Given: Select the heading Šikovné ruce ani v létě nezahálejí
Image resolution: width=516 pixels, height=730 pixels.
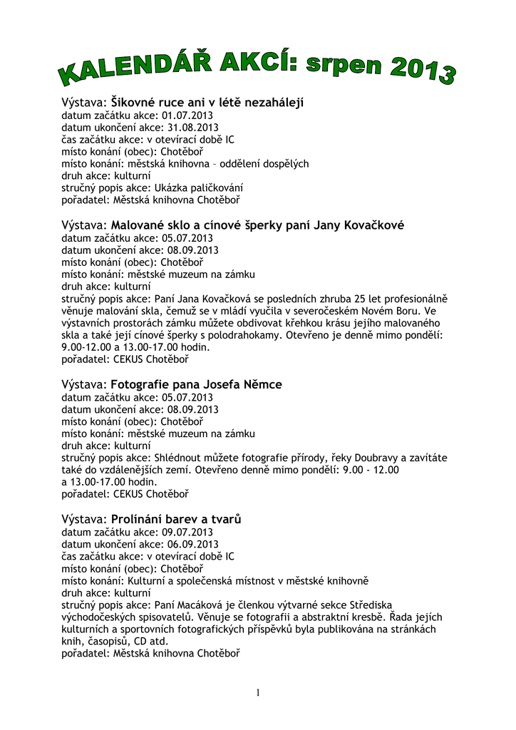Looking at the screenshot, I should click(x=207, y=103).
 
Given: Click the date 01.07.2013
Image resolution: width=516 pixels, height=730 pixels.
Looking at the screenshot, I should click(x=187, y=115).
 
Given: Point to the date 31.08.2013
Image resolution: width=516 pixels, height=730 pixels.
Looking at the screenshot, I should click(x=192, y=128).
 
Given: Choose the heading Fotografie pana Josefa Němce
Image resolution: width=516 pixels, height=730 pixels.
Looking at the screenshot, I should click(x=197, y=385).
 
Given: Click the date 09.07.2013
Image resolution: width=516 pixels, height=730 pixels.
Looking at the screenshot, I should click(x=187, y=532).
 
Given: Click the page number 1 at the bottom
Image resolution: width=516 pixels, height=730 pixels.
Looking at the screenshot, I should click(x=257, y=693).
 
